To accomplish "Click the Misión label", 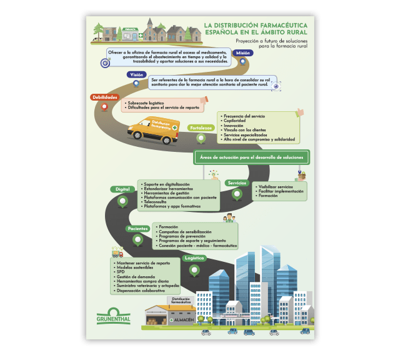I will [x=242, y=54].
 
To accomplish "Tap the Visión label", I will [x=136, y=75].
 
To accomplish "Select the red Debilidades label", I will [x=104, y=97].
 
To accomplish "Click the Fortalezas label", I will [x=201, y=127].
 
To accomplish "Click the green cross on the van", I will [x=174, y=127].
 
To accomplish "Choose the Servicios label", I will [x=236, y=183].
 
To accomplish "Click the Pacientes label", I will [x=137, y=229].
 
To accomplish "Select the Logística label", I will [x=194, y=257].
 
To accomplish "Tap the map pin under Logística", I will [x=194, y=270].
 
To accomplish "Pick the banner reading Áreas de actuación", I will [x=252, y=157].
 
